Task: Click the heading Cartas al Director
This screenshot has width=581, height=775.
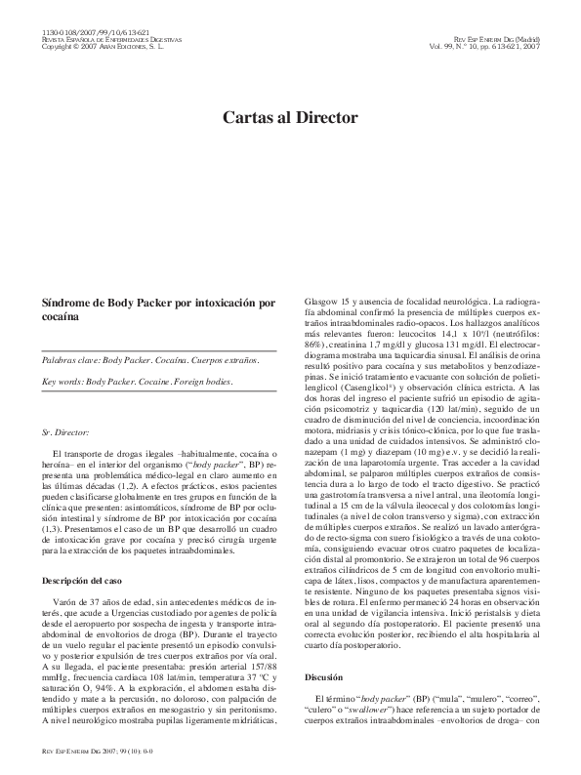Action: point(290,118)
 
